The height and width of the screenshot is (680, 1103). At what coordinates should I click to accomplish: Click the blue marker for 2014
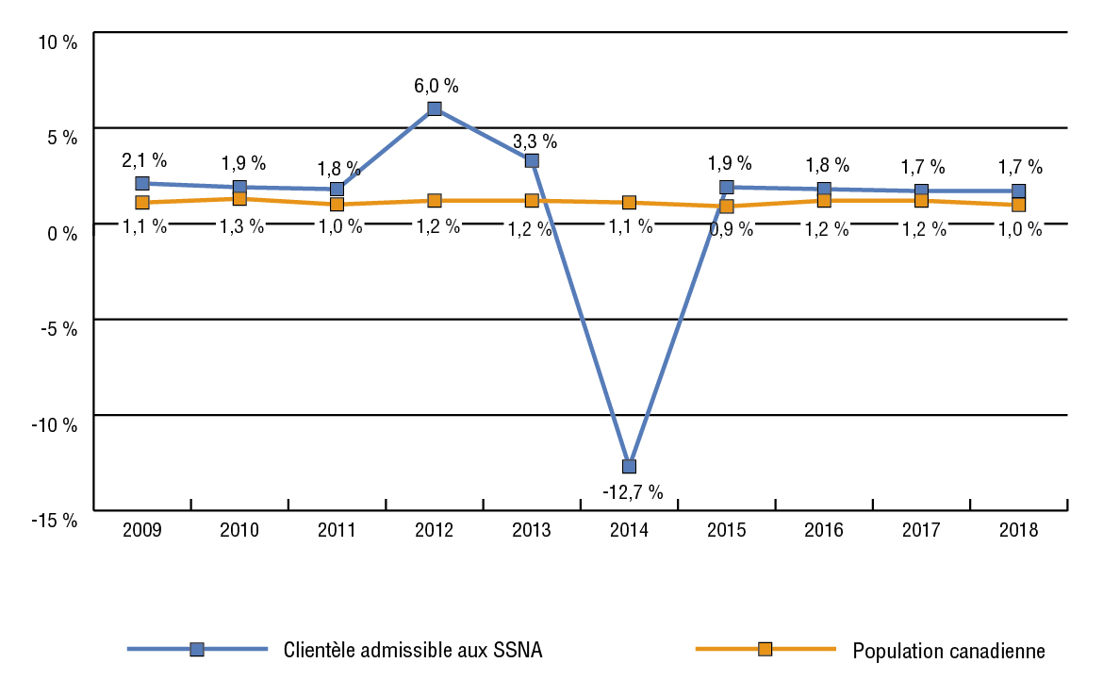(629, 466)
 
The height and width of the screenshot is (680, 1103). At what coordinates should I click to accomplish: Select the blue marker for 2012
(435, 108)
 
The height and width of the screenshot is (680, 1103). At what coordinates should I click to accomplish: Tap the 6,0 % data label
(436, 86)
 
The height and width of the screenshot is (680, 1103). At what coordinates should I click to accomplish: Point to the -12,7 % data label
(632, 491)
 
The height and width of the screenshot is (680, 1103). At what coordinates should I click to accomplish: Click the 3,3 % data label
(535, 142)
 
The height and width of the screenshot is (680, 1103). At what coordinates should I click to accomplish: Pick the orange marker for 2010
(239, 199)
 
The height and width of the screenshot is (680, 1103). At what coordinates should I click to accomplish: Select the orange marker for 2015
(727, 207)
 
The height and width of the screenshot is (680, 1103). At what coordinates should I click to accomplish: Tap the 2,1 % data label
(144, 160)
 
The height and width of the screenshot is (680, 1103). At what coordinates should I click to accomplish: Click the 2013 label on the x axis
(532, 530)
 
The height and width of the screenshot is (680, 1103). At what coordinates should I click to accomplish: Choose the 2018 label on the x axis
(1019, 530)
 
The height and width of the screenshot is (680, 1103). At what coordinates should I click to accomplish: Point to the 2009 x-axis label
(142, 530)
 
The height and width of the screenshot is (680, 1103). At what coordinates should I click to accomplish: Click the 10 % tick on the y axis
(58, 41)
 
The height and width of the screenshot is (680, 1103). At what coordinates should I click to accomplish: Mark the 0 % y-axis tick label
(62, 232)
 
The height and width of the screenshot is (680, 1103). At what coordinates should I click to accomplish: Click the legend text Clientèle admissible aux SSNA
(413, 650)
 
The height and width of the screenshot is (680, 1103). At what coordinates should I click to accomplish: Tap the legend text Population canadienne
(948, 650)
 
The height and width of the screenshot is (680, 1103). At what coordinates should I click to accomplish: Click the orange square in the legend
(766, 649)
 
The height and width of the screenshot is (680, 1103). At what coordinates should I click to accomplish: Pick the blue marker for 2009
(142, 183)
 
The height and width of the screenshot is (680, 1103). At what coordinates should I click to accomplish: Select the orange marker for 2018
(1019, 205)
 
